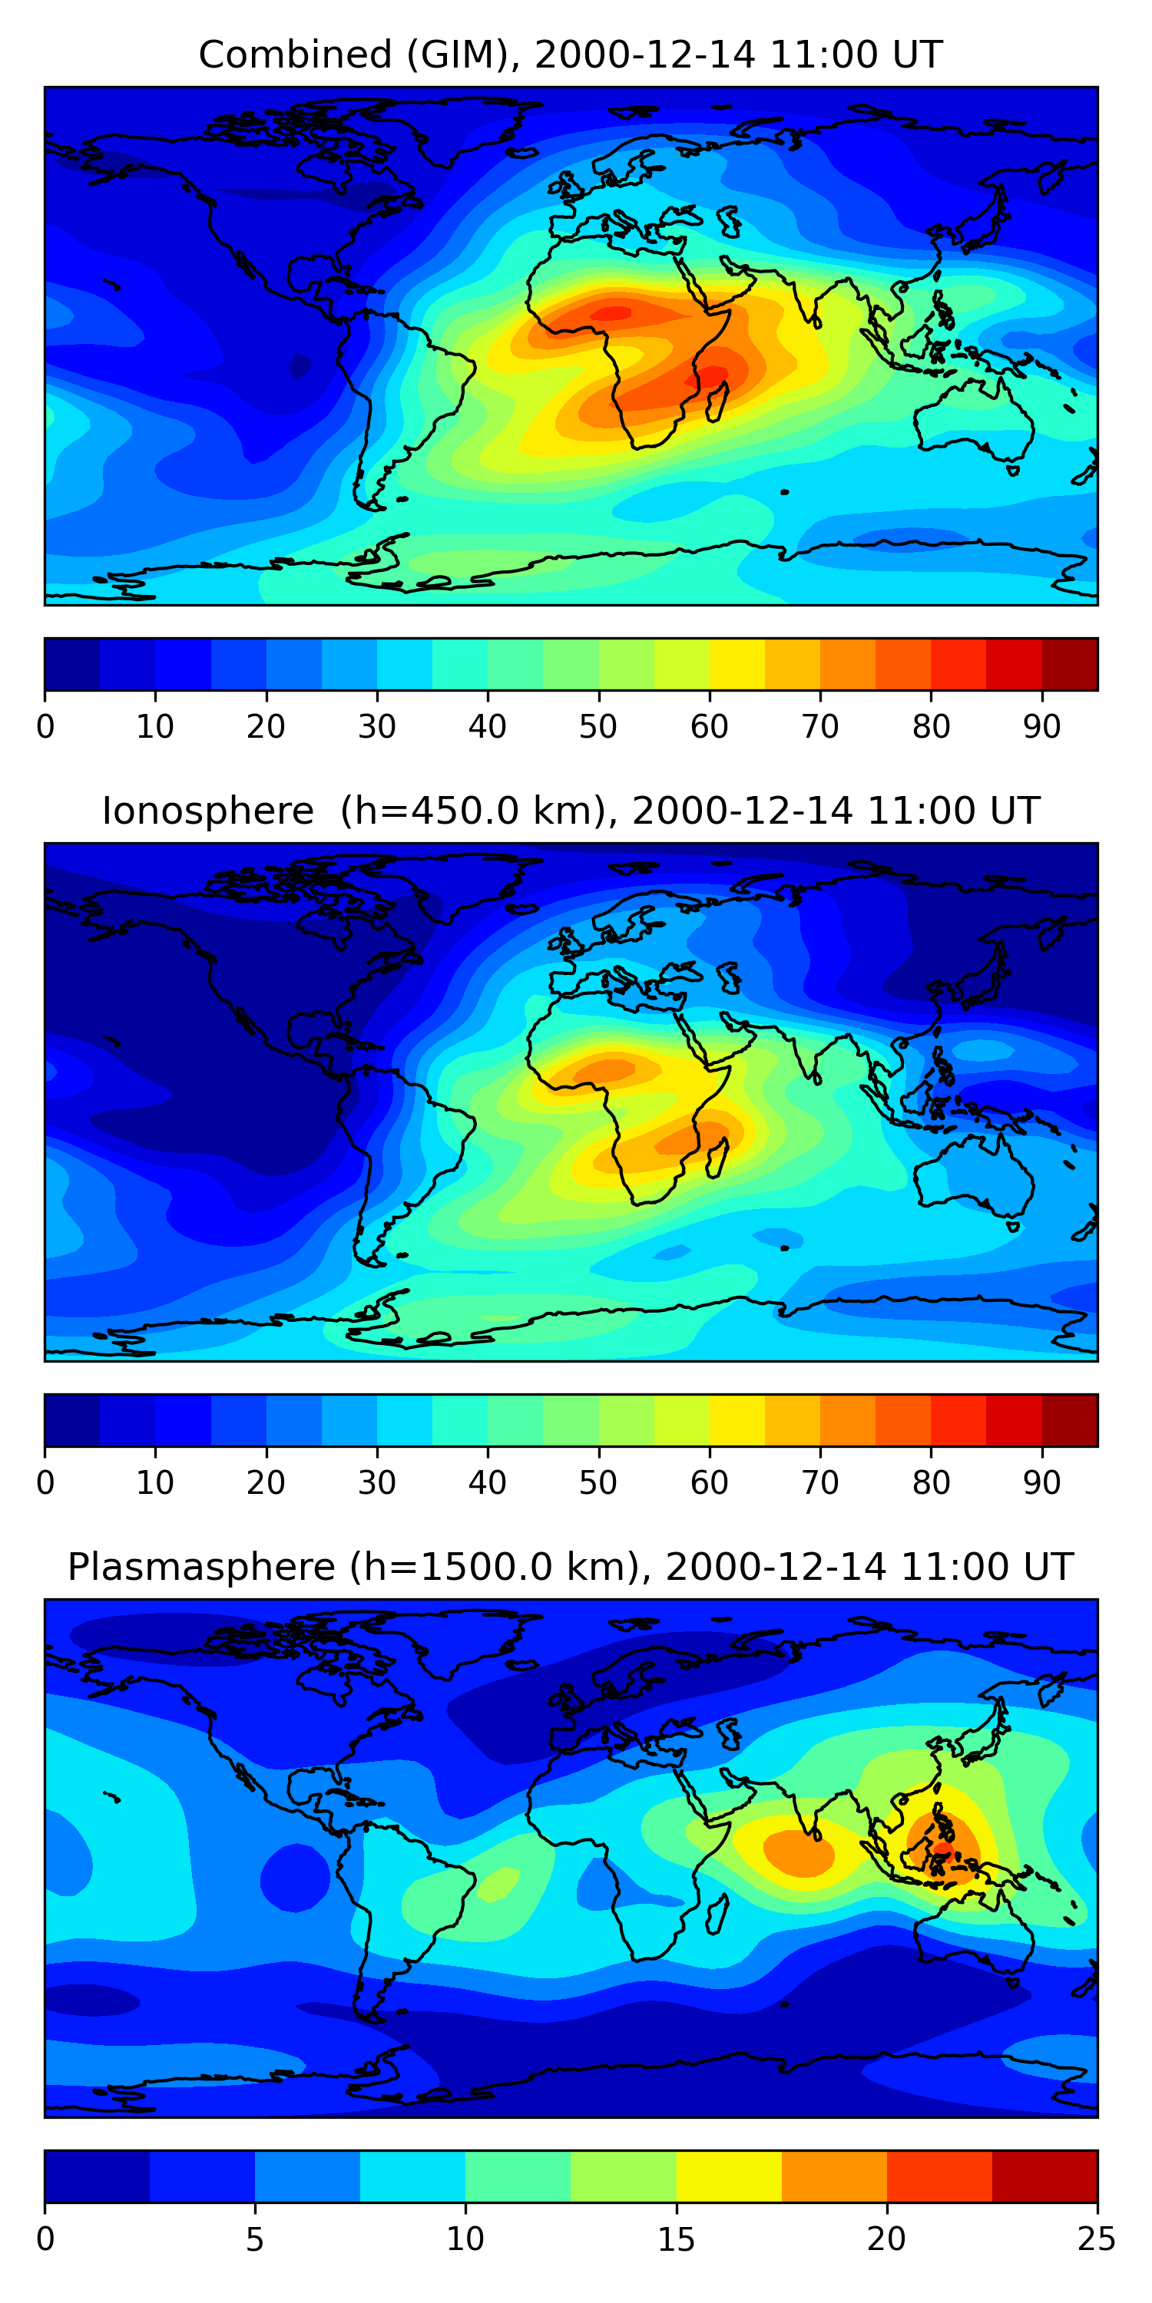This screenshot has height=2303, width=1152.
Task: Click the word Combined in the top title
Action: (294, 55)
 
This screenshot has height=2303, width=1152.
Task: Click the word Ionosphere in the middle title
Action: (207, 811)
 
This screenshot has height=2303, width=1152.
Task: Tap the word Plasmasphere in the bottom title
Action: (200, 1568)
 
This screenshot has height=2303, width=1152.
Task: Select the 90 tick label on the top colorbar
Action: (1042, 727)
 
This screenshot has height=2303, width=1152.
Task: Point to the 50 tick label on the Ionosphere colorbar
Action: (598, 1483)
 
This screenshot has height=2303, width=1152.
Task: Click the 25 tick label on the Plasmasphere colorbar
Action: (1097, 2239)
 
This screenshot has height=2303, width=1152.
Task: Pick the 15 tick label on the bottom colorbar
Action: (676, 2239)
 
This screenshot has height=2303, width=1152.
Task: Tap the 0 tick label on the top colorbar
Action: (45, 727)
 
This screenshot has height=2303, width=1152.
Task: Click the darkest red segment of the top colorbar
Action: (1070, 664)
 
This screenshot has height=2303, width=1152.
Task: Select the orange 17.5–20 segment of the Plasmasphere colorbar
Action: (833, 2176)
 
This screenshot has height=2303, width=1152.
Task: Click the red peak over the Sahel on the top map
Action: (613, 313)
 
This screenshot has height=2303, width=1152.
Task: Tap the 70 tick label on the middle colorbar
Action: (820, 1483)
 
